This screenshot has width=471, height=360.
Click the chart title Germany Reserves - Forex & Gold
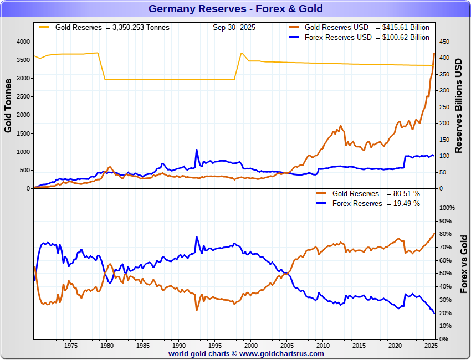(235, 9)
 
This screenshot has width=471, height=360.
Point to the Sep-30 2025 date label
(234, 27)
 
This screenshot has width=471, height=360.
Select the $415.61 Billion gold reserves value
(402, 27)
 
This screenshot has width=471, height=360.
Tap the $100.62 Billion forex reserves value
(402, 38)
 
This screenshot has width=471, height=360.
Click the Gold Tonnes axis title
(8, 105)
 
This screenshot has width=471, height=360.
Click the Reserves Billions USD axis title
(459, 105)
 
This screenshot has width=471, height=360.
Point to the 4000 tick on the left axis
(22, 42)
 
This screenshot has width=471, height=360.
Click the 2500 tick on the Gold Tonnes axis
(22, 97)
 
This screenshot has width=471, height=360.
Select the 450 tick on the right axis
(444, 42)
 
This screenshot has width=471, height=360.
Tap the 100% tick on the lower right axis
(447, 208)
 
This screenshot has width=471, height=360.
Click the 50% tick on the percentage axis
(445, 274)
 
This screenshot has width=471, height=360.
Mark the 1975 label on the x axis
(70, 346)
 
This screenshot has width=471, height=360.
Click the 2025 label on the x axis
(431, 346)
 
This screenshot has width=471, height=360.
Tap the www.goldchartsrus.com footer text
(282, 353)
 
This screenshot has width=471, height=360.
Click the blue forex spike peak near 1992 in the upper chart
(196, 150)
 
